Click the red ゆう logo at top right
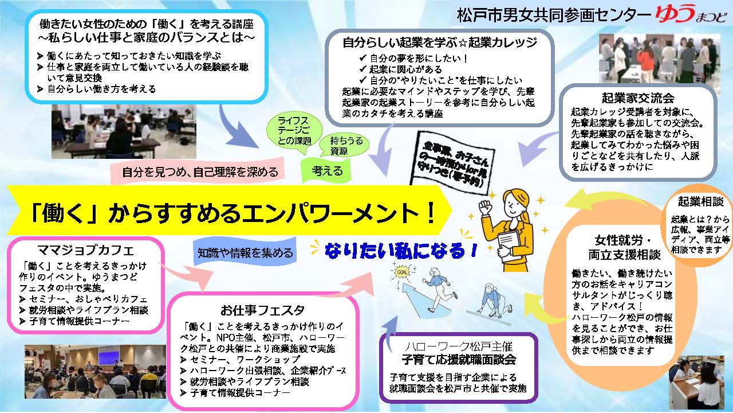pos(676,15)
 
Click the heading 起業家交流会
pos(638,98)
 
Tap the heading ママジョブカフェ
pos(86,251)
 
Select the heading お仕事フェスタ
pos(262,310)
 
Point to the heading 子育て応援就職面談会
pos(459,360)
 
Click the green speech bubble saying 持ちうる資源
pos(345,145)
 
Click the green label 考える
pos(326,171)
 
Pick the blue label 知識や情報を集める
pos(245,252)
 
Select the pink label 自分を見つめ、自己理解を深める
pos(198,172)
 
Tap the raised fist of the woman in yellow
pos(486,207)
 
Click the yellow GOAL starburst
pos(402,272)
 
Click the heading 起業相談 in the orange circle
pos(700,201)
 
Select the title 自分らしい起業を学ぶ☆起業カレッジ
pos(440,42)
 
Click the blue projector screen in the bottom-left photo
pos(109,359)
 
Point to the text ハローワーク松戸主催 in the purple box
pos(459,346)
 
